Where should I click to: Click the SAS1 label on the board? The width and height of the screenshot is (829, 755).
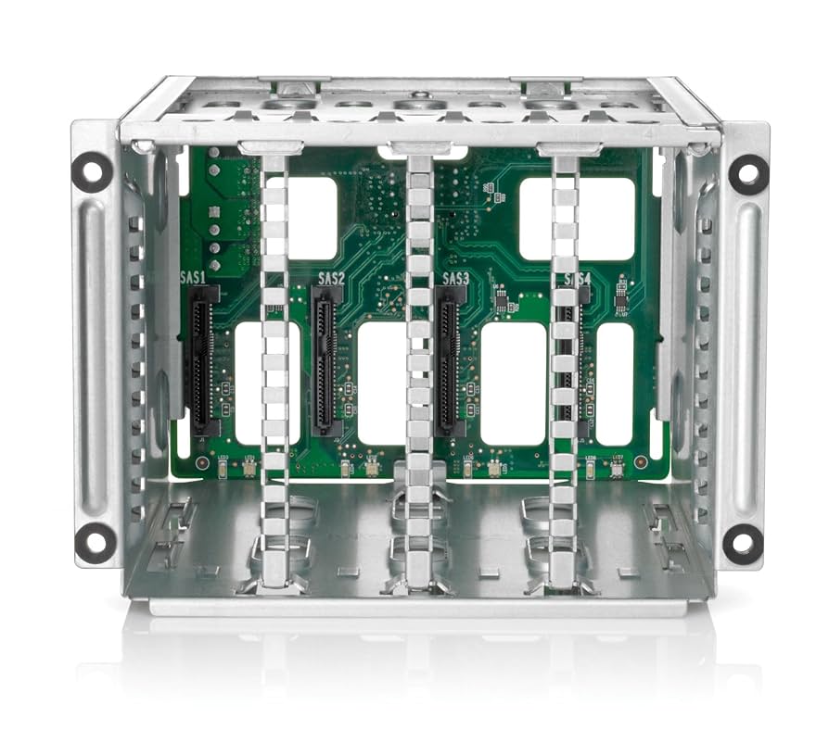pyautogui.click(x=194, y=277)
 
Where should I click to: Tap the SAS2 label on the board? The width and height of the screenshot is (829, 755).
pyautogui.click(x=331, y=277)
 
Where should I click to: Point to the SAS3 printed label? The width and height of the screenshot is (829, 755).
pyautogui.click(x=456, y=277)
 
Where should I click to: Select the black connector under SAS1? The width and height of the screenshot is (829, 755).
pyautogui.click(x=203, y=361)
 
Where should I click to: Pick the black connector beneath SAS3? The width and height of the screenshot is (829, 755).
pyautogui.click(x=450, y=361)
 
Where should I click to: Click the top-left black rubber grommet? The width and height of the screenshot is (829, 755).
pyautogui.click(x=92, y=171)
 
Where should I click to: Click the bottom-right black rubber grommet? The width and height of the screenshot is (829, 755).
pyautogui.click(x=743, y=540)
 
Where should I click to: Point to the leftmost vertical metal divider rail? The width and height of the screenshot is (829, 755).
pyautogui.click(x=274, y=371)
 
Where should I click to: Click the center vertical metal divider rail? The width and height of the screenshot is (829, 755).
pyautogui.click(x=419, y=371)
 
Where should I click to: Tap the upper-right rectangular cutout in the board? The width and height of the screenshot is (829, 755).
pyautogui.click(x=577, y=218)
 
